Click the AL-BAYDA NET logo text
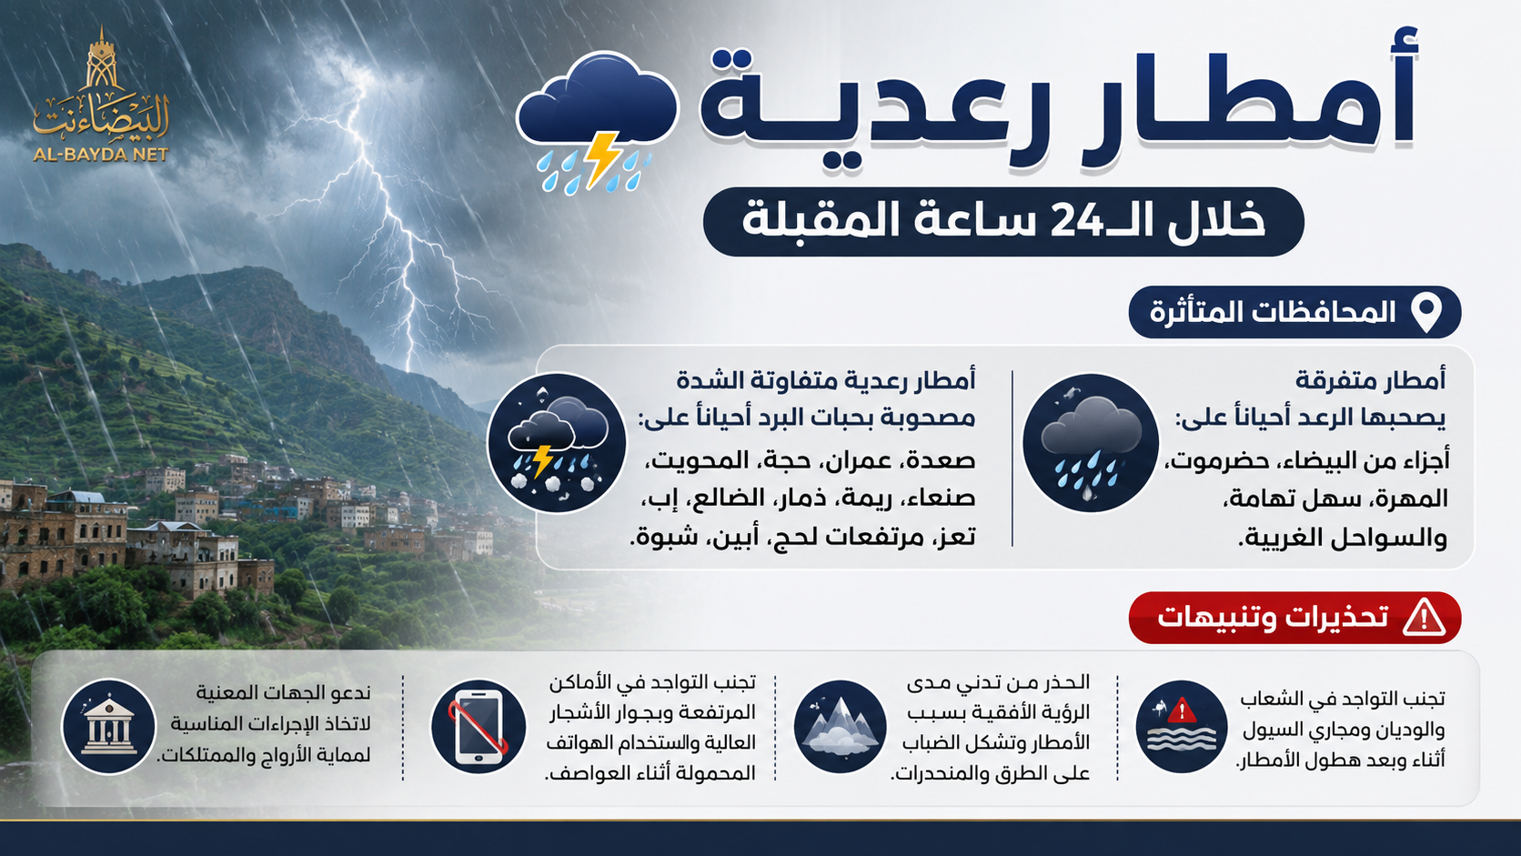coord(100,155)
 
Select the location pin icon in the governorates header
coord(1426,313)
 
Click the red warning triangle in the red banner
coord(1424,618)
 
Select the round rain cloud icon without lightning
coord(1091,443)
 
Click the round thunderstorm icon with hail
coord(557,443)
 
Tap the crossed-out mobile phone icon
coord(478,726)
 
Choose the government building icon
coord(108,726)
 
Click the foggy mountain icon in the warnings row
coord(840,726)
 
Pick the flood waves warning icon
coord(1182,726)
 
